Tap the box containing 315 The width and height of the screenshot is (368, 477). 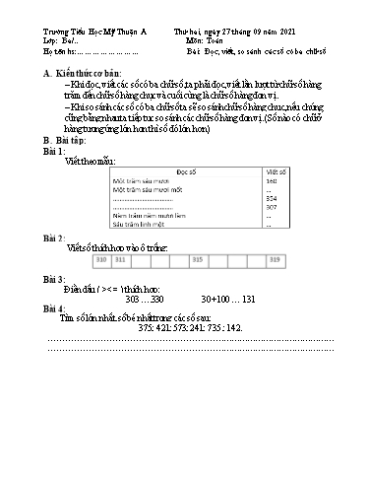[x=197, y=259]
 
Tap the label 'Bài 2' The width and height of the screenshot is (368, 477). [x=55, y=239]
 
